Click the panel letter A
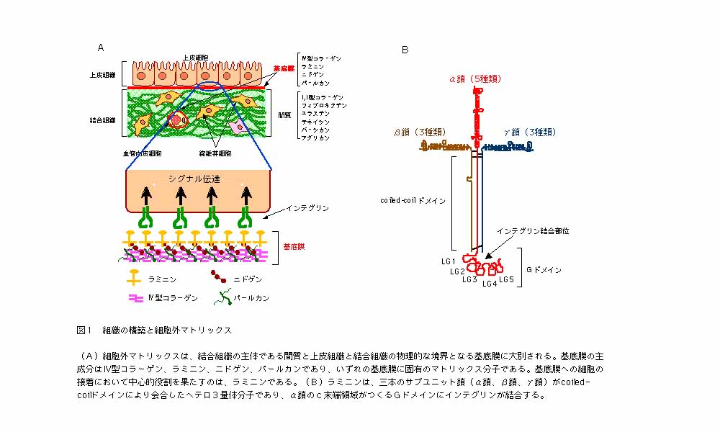tap(101, 48)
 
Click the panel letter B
tap(405, 50)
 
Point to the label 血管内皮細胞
tap(142, 153)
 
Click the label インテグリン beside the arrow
tap(307, 208)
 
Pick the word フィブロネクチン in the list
tap(324, 105)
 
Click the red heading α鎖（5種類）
tap(475, 78)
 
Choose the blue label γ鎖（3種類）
tap(529, 132)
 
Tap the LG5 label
tap(506, 279)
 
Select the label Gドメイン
tap(544, 270)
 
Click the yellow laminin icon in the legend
tap(133, 276)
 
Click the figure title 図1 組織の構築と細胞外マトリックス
tap(154, 330)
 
